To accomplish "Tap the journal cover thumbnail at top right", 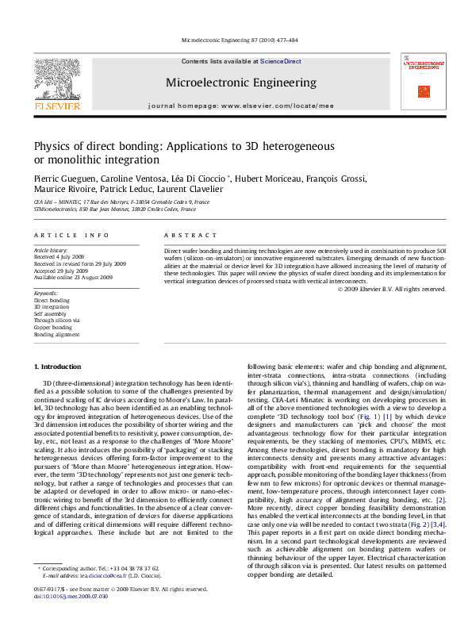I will click(x=423, y=81).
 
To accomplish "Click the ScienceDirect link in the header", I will click(x=281, y=61).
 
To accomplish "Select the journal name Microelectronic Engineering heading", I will click(x=240, y=83).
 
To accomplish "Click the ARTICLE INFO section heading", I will click(x=71, y=236).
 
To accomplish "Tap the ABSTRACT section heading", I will click(x=190, y=236).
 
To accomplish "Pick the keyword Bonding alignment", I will click(x=56, y=335).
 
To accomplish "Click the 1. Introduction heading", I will click(x=60, y=367).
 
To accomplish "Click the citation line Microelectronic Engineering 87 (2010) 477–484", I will click(x=240, y=39).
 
